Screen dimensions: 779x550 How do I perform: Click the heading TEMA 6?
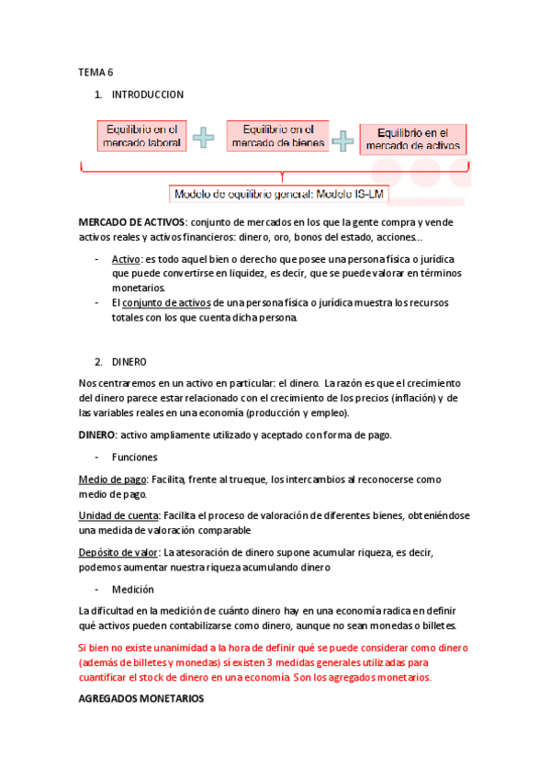(x=96, y=72)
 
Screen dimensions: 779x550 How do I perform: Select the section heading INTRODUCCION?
(x=148, y=95)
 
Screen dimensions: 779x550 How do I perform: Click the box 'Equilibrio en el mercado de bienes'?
(x=277, y=136)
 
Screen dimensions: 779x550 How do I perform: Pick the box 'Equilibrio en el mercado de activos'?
(x=413, y=140)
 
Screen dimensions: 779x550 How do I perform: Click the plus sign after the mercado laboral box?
(x=206, y=138)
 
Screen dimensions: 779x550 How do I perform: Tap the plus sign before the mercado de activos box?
(x=342, y=141)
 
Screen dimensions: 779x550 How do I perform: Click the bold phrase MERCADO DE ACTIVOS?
(x=132, y=222)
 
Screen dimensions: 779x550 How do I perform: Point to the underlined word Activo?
(x=126, y=259)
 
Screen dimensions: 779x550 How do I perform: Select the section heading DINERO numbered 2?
(x=129, y=362)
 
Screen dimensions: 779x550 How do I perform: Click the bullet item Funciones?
(x=134, y=457)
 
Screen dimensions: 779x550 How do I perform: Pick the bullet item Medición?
(x=133, y=589)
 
